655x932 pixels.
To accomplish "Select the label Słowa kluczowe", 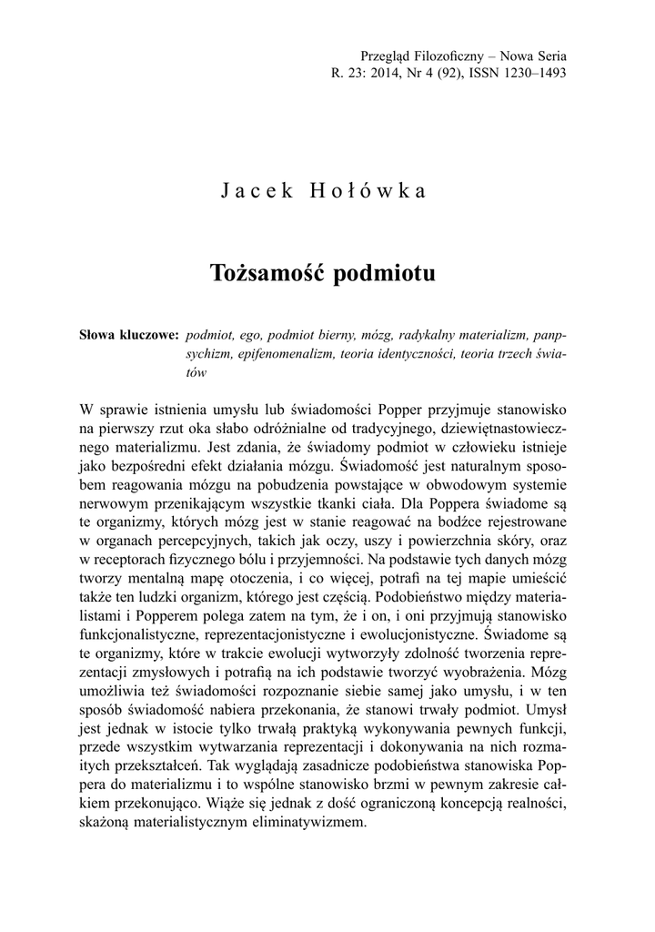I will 129,334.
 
